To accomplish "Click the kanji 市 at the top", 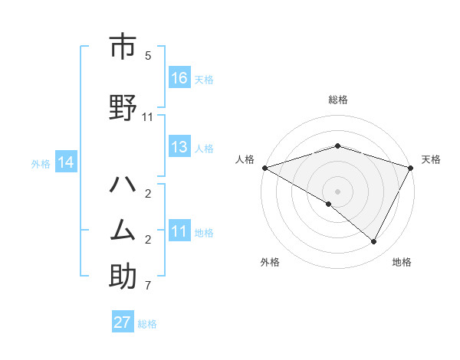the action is pos(122,47).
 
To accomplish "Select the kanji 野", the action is pos(122,109).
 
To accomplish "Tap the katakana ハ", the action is pos(122,185).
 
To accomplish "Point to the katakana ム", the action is pos(122,231).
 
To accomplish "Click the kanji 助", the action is pos(122,277).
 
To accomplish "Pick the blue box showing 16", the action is pos(179,77).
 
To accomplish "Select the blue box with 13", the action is pos(179,147).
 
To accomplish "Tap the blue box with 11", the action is pos(179,231).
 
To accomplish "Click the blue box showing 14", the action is pos(65,162).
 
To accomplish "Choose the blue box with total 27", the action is pos(123,322).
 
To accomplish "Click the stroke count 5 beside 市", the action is pos(148,56).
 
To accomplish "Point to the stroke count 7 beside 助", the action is pos(148,286).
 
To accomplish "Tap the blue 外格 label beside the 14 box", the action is pos(41,163).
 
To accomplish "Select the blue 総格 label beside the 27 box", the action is pos(147,323).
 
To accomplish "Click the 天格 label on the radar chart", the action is pos(431,159).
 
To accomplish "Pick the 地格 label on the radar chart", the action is pos(402,262).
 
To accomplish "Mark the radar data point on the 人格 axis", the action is pos(264,167).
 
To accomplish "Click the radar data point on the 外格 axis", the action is pos(329,204).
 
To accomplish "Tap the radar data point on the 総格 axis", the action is pos(337,146).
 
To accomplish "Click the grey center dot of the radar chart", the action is pos(337,191).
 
